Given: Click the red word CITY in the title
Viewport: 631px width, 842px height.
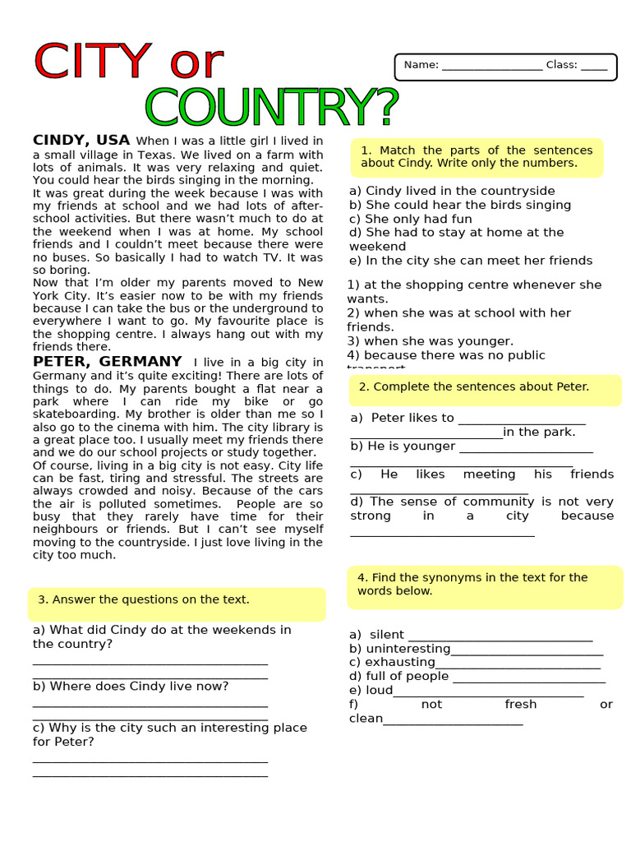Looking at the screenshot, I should pyautogui.click(x=92, y=62).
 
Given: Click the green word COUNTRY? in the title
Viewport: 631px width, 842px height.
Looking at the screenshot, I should pyautogui.click(x=271, y=108).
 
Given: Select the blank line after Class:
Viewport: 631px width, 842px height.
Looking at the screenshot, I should pyautogui.click(x=593, y=66).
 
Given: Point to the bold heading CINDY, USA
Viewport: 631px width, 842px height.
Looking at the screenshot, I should pyautogui.click(x=81, y=140).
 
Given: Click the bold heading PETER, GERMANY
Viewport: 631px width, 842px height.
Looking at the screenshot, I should pyautogui.click(x=107, y=361).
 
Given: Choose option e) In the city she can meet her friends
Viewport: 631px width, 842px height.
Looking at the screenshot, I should pyautogui.click(x=470, y=261).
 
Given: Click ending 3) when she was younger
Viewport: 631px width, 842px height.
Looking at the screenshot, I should pyautogui.click(x=430, y=341).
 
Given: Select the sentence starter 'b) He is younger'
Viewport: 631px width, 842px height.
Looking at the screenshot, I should pyautogui.click(x=403, y=446).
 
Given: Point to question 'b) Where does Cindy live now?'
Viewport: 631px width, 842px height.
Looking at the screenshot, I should pyautogui.click(x=131, y=686).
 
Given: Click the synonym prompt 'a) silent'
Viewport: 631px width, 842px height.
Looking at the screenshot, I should pyautogui.click(x=377, y=634).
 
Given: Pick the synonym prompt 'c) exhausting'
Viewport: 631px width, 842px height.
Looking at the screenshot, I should pyautogui.click(x=392, y=662).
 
